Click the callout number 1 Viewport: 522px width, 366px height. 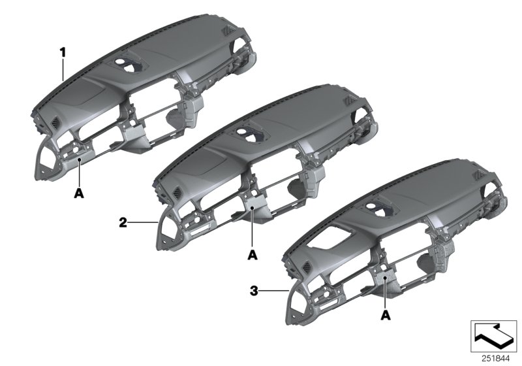(x=63, y=50)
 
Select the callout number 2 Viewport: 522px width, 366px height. (x=122, y=223)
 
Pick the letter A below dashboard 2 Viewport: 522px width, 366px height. (x=253, y=254)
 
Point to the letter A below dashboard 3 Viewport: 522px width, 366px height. (x=386, y=316)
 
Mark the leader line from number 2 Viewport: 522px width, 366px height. (x=142, y=223)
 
